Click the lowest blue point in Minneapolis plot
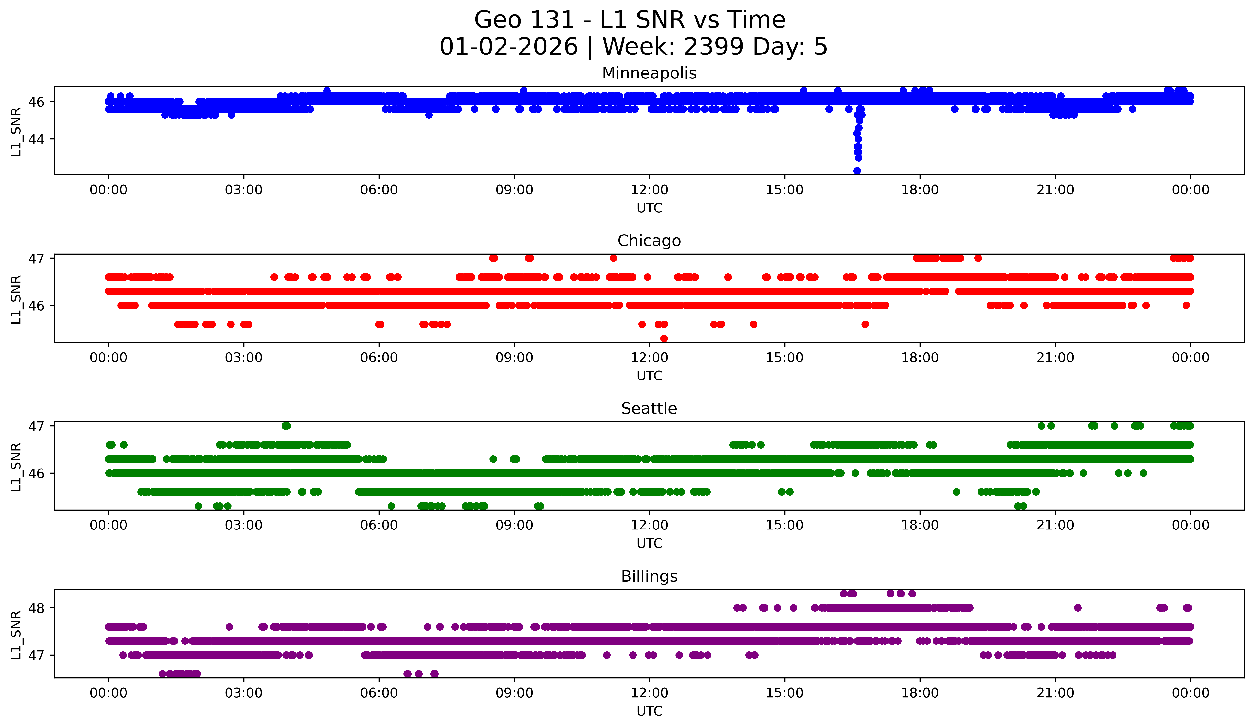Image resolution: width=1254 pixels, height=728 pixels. [857, 171]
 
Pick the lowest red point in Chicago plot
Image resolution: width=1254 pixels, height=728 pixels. [664, 338]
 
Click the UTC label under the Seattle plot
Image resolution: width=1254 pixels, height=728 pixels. [649, 543]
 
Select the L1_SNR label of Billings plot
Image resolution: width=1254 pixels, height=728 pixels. [16, 635]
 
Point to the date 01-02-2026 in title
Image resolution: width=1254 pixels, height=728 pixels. [509, 47]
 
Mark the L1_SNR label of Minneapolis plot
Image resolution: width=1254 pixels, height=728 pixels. [16, 132]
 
